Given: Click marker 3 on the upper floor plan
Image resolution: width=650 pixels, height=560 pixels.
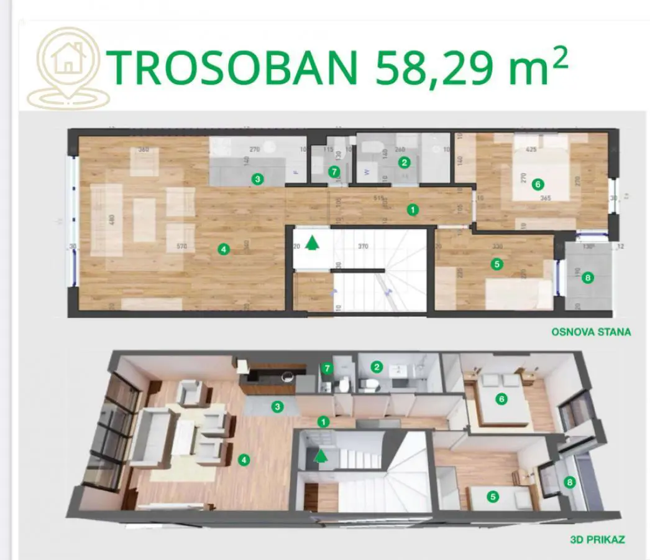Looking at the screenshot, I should [257, 179].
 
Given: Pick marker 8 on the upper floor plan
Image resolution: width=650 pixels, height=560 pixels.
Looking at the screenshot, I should [587, 278].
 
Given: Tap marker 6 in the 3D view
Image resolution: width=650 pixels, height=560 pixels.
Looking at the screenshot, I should [501, 399].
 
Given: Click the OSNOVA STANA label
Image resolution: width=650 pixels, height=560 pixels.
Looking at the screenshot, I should [590, 332].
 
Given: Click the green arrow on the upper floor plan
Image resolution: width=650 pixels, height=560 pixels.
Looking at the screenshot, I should [314, 241].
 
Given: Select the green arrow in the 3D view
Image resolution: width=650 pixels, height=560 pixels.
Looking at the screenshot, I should [321, 457].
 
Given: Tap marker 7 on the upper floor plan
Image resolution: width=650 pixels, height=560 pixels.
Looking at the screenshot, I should [334, 170].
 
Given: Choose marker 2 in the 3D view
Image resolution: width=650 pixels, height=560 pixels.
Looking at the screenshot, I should [376, 366].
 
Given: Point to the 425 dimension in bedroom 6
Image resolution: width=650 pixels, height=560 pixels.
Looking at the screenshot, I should [531, 150].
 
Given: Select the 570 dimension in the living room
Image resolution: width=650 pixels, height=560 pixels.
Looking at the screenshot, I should [181, 247].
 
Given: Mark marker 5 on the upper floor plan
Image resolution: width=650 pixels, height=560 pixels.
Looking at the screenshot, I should [496, 264].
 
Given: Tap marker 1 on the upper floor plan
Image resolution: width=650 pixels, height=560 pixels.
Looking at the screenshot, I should [413, 210].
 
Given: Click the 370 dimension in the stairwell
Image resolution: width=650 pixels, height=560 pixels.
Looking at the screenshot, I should [363, 246].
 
